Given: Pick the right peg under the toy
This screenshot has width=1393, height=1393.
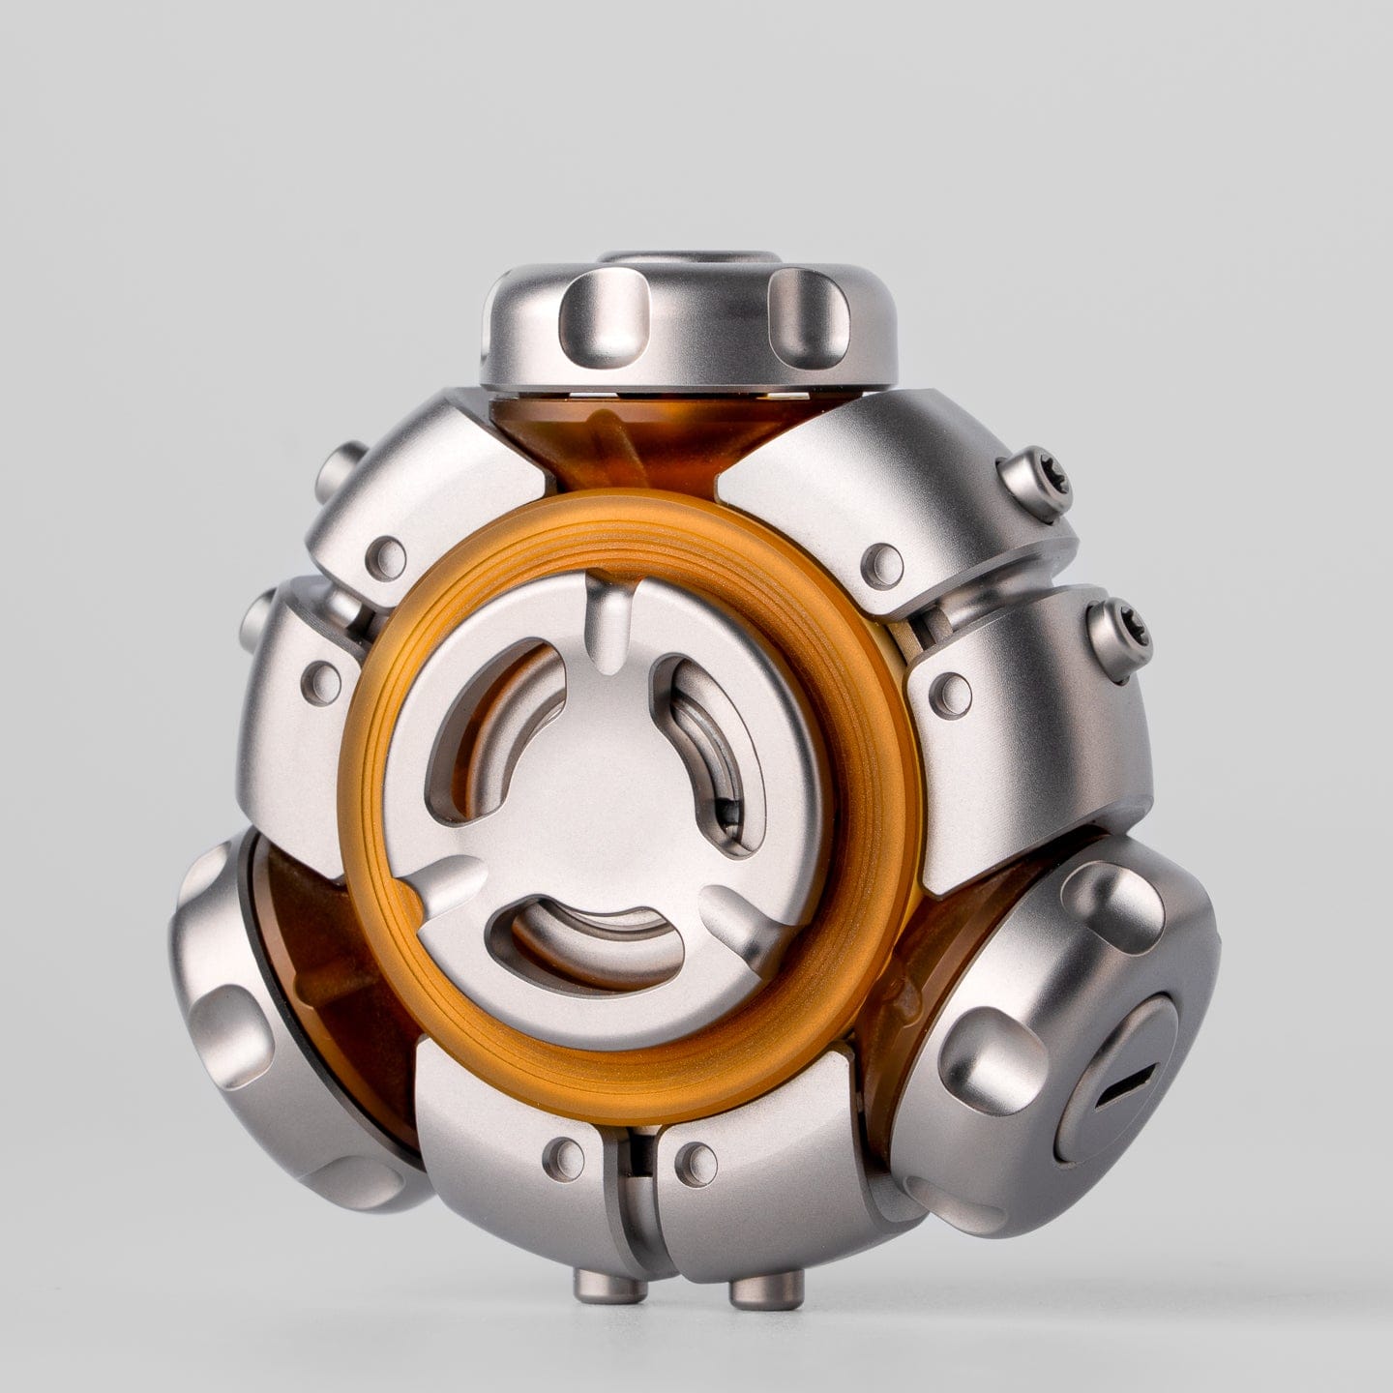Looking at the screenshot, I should [x=766, y=1288].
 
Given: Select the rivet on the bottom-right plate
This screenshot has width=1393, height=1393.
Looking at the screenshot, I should [x=694, y=1157].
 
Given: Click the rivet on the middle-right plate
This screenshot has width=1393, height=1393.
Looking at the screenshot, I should [x=952, y=690].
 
